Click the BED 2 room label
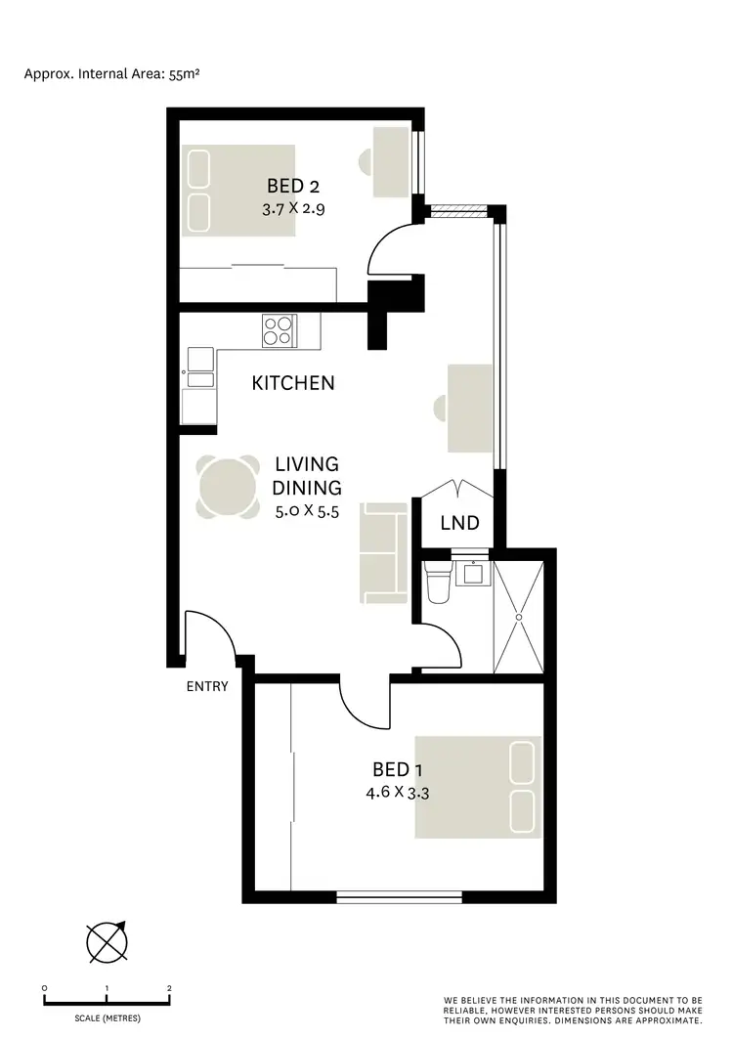293,186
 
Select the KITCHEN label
293,383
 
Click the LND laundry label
459,524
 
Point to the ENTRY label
207,686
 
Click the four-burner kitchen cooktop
278,329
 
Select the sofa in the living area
384,553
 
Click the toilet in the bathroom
438,583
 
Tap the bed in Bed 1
478,787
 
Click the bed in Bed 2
239,190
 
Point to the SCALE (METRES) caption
108,1018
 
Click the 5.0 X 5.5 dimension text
307,510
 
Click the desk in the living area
469,408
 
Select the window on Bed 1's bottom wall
399,895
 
